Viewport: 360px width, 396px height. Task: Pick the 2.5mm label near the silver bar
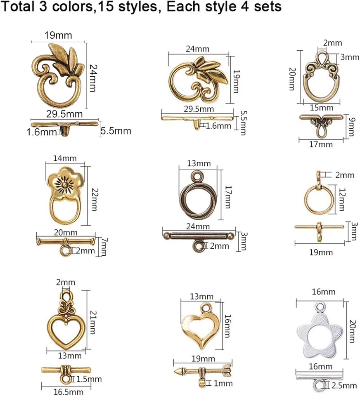coord(343,386)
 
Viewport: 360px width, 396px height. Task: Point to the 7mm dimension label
coord(103,247)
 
